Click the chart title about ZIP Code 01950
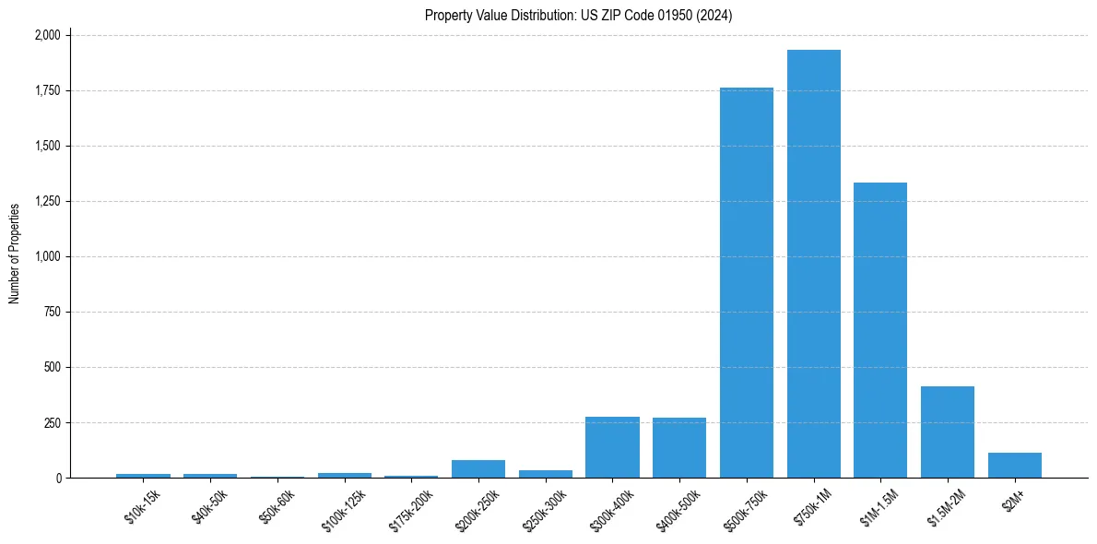click(x=578, y=16)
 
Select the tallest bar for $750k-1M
click(x=813, y=264)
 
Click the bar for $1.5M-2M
click(x=948, y=432)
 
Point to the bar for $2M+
click(x=1014, y=465)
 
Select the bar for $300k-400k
click(x=612, y=447)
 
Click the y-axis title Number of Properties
click(x=15, y=254)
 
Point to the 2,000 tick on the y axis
click(x=47, y=35)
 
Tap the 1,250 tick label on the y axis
click(x=47, y=201)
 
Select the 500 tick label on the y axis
click(x=53, y=367)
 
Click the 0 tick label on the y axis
click(x=58, y=478)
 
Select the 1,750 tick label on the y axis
click(x=47, y=90)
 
